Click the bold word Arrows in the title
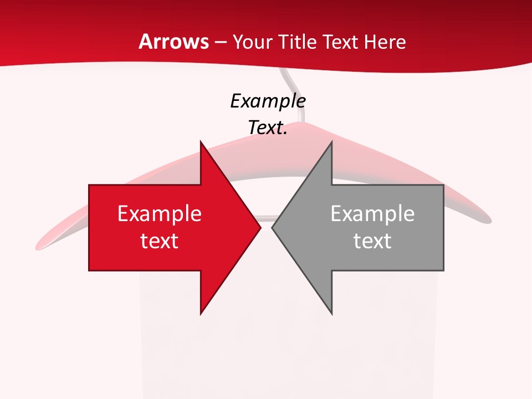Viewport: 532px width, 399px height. [x=174, y=42]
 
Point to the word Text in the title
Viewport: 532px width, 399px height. [x=341, y=42]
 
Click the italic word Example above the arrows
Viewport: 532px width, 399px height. [x=268, y=101]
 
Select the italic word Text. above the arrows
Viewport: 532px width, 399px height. [x=268, y=127]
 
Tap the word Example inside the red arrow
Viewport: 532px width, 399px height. [x=160, y=213]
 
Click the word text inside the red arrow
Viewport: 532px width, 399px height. [x=160, y=241]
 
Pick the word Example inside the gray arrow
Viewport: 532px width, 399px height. [x=372, y=213]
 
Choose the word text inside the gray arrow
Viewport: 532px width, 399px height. [x=372, y=241]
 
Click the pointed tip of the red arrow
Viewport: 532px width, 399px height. [x=260, y=227]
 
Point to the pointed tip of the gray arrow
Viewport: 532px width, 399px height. [x=272, y=227]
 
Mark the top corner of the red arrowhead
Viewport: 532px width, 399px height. [x=201, y=141]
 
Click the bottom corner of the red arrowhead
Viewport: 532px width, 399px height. [x=201, y=314]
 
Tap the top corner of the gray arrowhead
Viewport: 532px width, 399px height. [x=331, y=141]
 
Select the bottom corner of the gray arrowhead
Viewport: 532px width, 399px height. [x=331, y=314]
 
